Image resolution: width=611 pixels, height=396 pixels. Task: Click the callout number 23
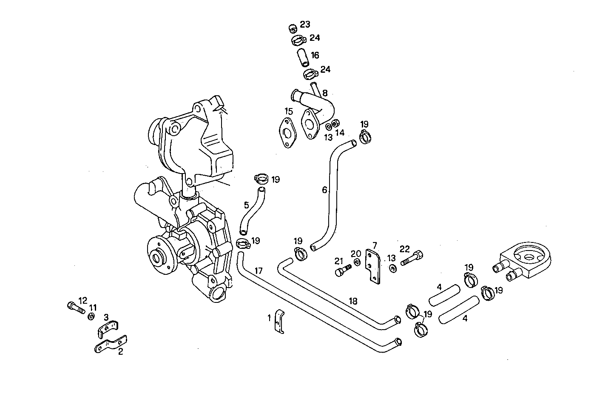tap(305, 24)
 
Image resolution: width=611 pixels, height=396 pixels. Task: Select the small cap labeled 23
tap(292, 28)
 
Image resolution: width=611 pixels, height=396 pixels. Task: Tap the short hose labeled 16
tap(302, 57)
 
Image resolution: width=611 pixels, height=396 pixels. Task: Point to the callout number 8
tap(325, 93)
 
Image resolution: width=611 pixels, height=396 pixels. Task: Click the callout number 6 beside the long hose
tap(324, 190)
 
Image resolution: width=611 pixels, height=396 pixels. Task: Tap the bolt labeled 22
tap(411, 257)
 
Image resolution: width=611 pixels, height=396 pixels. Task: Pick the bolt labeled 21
tap(343, 270)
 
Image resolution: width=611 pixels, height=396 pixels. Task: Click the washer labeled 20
tap(356, 262)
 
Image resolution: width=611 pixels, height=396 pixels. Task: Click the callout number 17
tap(259, 270)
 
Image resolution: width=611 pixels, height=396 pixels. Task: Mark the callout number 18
tap(353, 301)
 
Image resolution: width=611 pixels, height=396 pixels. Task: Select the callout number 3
tap(106, 317)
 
